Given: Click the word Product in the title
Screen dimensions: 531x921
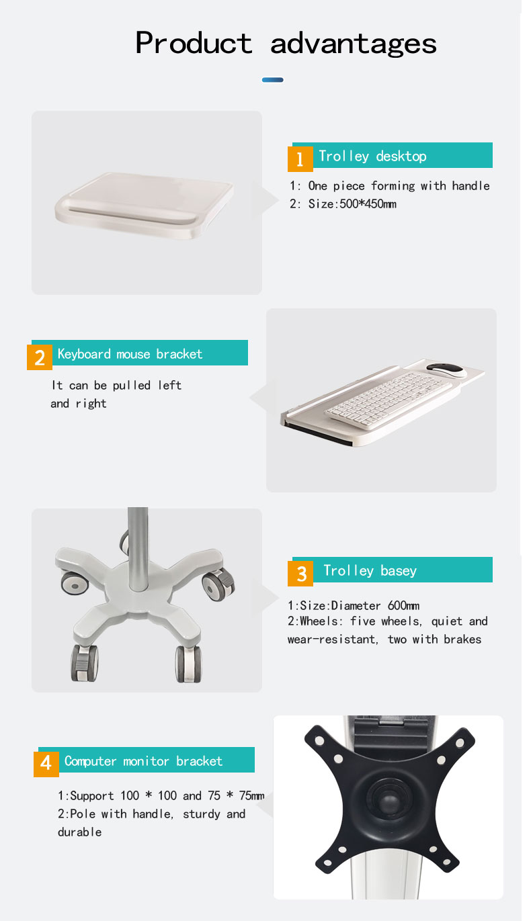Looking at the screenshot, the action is [x=194, y=42].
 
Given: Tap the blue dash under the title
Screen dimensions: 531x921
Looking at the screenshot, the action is [x=272, y=80].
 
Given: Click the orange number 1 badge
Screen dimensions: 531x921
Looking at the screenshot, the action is [x=300, y=159].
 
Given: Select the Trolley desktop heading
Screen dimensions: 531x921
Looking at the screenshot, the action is [x=372, y=157].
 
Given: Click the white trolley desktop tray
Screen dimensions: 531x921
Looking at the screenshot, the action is [x=145, y=205].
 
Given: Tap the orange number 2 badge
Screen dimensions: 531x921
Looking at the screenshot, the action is [x=40, y=357].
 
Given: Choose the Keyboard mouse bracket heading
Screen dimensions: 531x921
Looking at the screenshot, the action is [x=130, y=354].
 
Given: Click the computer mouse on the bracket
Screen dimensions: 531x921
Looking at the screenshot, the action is [x=446, y=369].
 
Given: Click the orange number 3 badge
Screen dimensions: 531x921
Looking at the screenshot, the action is [x=300, y=574].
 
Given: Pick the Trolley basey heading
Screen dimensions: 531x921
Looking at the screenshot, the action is [x=370, y=571].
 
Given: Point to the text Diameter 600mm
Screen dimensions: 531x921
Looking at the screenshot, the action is [x=375, y=606].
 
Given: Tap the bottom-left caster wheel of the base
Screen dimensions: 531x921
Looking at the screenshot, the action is [x=85, y=663].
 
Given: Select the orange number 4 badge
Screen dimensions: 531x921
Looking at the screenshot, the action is [x=46, y=764].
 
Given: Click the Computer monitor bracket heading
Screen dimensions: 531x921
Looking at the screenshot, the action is [x=144, y=761].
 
